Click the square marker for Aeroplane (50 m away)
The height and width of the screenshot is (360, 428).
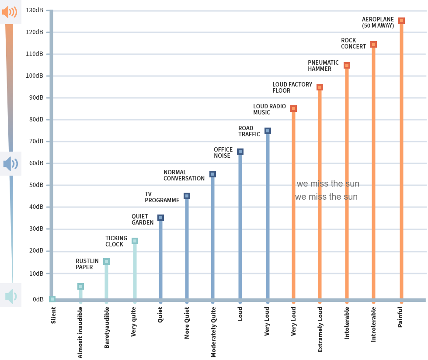401,21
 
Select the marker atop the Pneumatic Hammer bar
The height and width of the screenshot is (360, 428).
347,66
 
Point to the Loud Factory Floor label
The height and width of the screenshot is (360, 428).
292,87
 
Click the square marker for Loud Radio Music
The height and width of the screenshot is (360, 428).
293,109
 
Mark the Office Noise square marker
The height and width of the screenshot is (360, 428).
240,152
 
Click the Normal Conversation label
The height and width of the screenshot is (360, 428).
184,175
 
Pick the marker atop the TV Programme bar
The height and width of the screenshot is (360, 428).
187,196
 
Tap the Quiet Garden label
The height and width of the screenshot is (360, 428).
143,219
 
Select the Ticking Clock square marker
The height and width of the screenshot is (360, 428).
135,241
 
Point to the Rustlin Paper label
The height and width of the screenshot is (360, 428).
87,264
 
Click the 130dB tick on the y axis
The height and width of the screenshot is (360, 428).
35,10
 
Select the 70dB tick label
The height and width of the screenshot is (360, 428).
36,141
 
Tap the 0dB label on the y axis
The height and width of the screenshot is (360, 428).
38,299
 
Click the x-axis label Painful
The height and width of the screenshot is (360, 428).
400,317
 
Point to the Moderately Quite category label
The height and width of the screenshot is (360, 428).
213,332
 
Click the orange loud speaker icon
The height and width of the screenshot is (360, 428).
10,12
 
